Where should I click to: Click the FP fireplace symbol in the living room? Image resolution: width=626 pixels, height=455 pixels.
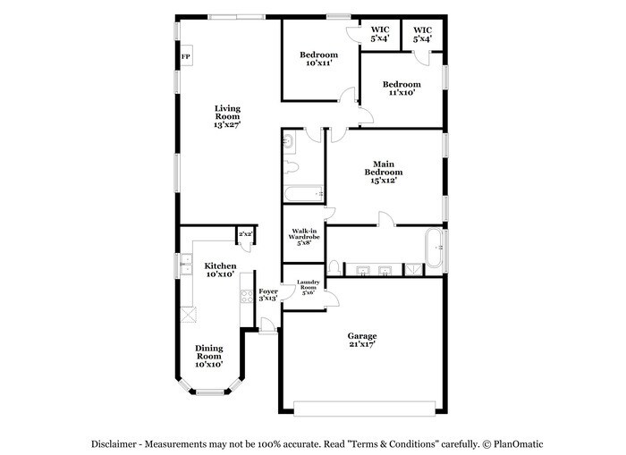tap(186, 58)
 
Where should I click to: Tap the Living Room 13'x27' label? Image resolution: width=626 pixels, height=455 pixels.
tap(227, 117)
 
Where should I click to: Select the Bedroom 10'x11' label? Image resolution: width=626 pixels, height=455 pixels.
tap(318, 58)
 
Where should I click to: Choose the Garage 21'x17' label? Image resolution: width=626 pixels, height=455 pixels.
tap(361, 341)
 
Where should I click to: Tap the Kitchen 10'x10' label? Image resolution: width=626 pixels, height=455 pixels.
tap(220, 270)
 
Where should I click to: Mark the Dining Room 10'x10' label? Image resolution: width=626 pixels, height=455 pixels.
tap(208, 356)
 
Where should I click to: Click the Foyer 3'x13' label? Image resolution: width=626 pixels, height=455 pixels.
tap(268, 295)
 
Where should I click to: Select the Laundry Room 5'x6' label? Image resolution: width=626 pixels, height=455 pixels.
tap(308, 288)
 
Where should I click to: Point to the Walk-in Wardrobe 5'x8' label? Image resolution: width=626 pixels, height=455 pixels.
tap(303, 236)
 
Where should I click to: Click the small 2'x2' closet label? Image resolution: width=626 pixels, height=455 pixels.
tap(245, 234)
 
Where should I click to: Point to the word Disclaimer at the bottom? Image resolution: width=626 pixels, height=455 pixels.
tap(117, 444)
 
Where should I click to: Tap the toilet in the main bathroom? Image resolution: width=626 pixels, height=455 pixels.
tap(334, 266)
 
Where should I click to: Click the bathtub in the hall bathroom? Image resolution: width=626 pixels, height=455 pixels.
tap(303, 192)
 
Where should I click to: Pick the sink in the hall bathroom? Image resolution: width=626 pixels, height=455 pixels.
tap(289, 140)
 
